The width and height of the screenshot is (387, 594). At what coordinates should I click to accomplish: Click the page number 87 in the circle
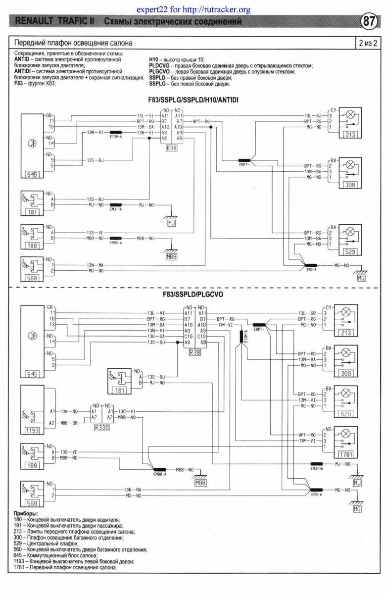tap(368, 22)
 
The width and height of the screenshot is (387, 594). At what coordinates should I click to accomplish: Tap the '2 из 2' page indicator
tap(368, 43)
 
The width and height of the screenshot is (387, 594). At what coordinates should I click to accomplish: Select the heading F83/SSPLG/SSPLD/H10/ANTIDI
tap(193, 99)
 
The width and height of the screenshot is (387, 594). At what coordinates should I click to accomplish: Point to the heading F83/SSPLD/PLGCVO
tap(193, 295)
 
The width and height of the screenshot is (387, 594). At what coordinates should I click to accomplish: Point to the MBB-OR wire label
tap(68, 423)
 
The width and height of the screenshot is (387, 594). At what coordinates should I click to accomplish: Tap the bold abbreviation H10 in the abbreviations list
tap(154, 59)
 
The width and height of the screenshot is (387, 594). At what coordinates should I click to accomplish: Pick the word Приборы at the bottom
tap(25, 514)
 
